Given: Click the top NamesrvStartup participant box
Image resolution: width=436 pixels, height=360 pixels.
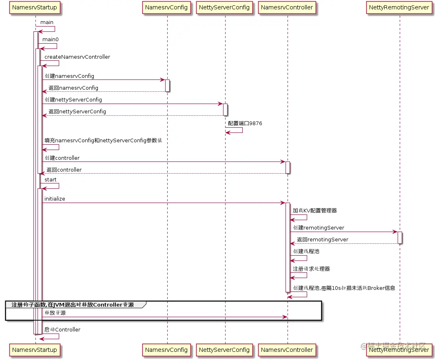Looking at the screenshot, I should [35, 7].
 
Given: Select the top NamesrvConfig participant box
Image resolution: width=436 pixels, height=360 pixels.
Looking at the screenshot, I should [167, 7].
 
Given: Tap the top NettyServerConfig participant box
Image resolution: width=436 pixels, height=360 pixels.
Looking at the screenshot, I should [225, 7].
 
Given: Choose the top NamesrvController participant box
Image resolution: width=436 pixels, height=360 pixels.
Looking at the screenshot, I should [287, 7].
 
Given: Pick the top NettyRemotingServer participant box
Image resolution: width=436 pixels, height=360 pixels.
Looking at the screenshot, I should [399, 7].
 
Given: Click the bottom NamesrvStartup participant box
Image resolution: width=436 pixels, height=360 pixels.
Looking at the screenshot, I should [35, 349].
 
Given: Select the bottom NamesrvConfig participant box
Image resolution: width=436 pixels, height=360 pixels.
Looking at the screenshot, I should [167, 349].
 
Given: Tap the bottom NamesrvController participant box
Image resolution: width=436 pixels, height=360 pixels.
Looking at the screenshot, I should [287, 349].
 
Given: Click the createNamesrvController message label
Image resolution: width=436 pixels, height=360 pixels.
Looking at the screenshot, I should [77, 57].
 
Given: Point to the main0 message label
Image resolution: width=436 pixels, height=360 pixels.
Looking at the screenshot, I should [51, 40].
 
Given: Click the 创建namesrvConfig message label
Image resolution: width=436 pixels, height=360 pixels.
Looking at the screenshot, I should [69, 76].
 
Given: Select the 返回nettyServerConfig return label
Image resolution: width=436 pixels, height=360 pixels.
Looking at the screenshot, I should [77, 112].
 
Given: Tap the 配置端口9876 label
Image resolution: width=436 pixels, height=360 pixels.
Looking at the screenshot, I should [245, 124].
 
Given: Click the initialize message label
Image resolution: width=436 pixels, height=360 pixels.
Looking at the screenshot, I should [55, 199].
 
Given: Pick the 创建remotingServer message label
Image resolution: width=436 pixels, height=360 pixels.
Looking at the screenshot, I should [319, 228].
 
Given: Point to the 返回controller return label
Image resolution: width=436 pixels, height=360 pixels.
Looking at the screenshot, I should [64, 170].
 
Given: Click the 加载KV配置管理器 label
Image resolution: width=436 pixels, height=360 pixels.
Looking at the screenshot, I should [314, 211].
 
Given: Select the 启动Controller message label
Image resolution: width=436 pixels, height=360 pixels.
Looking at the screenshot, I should [62, 329].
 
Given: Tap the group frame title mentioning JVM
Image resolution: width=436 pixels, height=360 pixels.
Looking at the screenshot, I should [73, 305].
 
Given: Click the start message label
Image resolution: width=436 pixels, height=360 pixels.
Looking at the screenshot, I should [51, 180].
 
